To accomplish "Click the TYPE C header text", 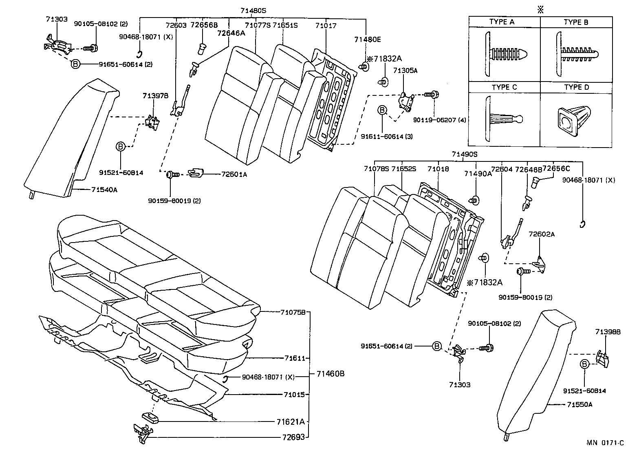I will pos(504,87).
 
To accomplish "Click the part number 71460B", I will pos(331,373).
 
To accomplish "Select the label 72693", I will pos(293,437).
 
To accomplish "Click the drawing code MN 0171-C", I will pos(605,444).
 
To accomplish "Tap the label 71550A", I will pos(579,405).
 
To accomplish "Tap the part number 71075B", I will pos(293,312).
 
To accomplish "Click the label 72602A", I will pos(542,234).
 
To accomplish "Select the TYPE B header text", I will pos(576,22).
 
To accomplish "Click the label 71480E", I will pos(367,40).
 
